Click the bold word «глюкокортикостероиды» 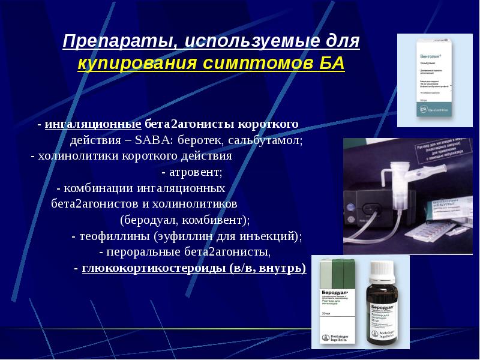[x=154, y=268]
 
